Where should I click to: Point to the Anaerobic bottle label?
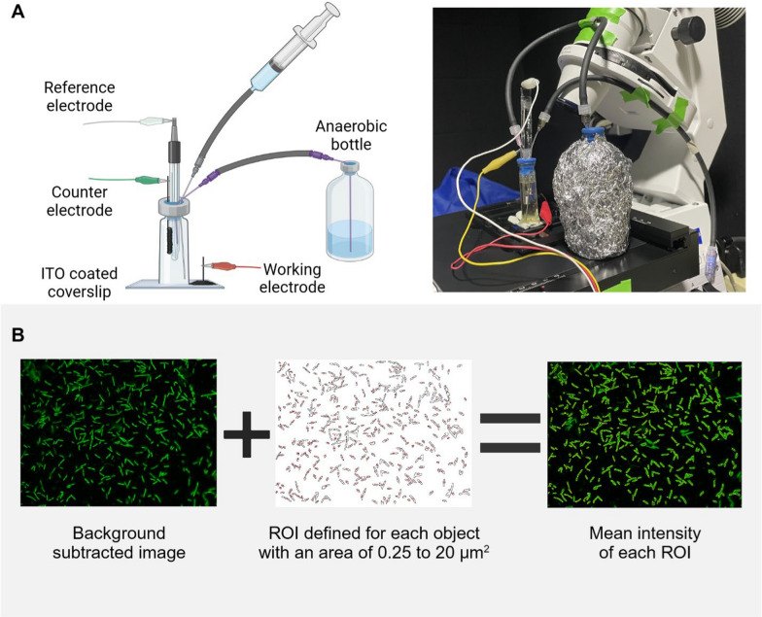point(349,134)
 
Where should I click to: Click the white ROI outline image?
point(373,433)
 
